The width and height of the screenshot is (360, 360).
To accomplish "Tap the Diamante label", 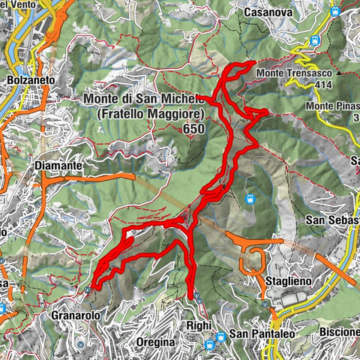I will (57, 163).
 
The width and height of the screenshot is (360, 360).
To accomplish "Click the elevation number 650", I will (193, 129).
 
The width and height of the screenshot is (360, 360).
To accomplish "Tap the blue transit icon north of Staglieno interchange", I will (250, 199).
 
